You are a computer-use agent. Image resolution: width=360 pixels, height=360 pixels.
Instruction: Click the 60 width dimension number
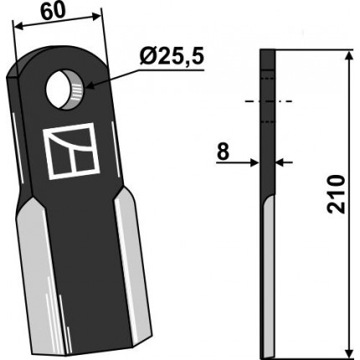(53, 12)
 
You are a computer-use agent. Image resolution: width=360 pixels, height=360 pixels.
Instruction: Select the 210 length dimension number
(335, 194)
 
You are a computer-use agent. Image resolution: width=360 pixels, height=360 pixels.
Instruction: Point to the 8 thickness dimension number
(223, 152)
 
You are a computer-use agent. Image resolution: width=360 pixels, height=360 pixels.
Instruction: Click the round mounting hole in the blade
(64, 90)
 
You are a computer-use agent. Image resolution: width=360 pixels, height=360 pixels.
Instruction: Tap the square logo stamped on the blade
(71, 151)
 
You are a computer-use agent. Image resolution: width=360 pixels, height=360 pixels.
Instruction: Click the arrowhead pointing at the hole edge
(90, 85)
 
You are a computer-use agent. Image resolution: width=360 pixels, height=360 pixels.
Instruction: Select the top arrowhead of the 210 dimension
(349, 55)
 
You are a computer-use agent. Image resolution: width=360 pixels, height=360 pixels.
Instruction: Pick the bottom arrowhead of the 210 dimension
(349, 351)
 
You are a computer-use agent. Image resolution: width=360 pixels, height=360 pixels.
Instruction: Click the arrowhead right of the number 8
(255, 162)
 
